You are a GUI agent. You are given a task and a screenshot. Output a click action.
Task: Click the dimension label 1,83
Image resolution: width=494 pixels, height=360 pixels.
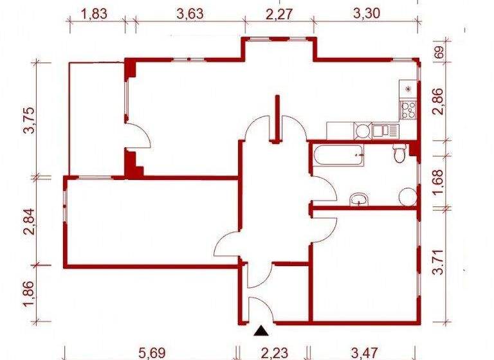click(x=95, y=14)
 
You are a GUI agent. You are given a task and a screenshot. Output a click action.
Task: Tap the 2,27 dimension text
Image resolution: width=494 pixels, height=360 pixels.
click(x=278, y=14)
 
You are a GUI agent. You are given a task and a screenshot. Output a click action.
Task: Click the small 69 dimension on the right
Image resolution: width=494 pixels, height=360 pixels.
click(x=439, y=53)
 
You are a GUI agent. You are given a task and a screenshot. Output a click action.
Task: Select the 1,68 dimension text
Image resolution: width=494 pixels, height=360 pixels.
click(x=439, y=180)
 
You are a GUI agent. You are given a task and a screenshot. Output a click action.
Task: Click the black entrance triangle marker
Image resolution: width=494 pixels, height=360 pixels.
click(x=261, y=331)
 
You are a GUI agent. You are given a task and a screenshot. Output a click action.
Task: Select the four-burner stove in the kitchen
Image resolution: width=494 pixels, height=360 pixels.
click(x=407, y=109)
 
